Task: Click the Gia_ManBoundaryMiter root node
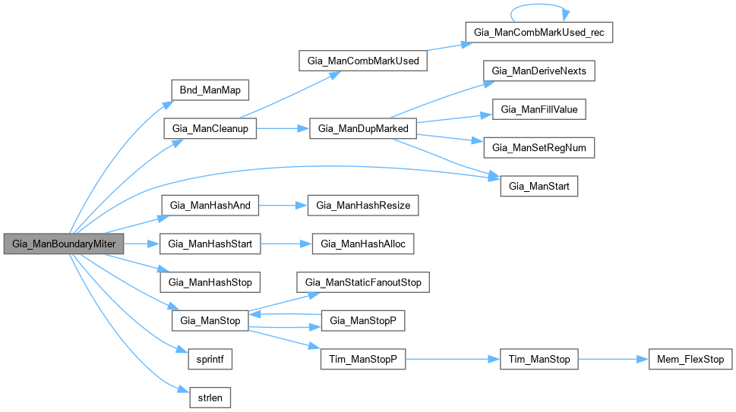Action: pyautogui.click(x=64, y=244)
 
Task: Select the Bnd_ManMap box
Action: pyautogui.click(x=210, y=90)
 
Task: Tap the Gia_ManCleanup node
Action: pyautogui.click(x=210, y=128)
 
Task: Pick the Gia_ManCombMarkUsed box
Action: pyautogui.click(x=363, y=61)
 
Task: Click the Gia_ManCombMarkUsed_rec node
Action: pyautogui.click(x=539, y=33)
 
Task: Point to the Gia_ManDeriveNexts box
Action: pyautogui.click(x=539, y=71)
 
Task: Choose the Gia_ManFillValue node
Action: pyautogui.click(x=539, y=109)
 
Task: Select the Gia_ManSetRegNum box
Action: pyautogui.click(x=539, y=148)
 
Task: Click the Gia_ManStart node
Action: pyautogui.click(x=539, y=186)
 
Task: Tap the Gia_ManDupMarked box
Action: pyautogui.click(x=363, y=128)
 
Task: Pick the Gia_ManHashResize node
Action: pyautogui.click(x=363, y=205)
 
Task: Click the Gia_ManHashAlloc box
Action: pyautogui.click(x=363, y=244)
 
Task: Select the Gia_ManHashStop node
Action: pyautogui.click(x=210, y=282)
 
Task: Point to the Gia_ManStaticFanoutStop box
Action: pyautogui.click(x=363, y=282)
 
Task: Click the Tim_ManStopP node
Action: pyautogui.click(x=363, y=359)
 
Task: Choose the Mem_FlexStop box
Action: pyautogui.click(x=690, y=359)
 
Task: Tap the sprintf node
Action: pyautogui.click(x=210, y=359)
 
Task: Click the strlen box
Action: pyautogui.click(x=210, y=397)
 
